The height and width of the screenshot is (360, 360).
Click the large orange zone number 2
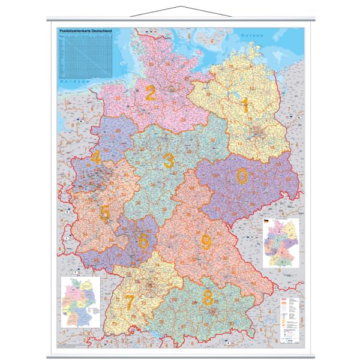(151, 93)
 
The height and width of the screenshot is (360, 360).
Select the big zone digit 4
(96, 159)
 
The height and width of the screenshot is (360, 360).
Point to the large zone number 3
(169, 160)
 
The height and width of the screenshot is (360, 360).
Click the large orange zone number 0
(242, 176)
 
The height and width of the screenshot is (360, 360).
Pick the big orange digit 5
(104, 213)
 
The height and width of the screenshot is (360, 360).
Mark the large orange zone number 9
(206, 242)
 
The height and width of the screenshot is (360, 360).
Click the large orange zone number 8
(208, 297)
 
